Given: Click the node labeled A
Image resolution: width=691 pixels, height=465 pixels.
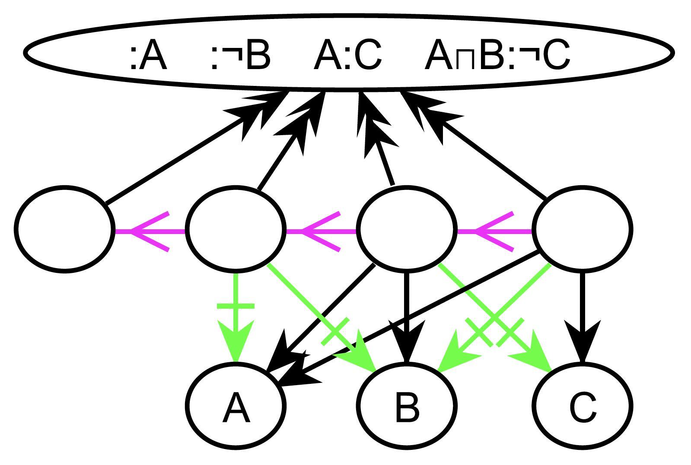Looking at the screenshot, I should point(236,405).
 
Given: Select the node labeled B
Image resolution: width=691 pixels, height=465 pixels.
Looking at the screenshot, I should point(406,405).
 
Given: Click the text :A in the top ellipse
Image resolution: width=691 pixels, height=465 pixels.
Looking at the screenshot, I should point(148,56).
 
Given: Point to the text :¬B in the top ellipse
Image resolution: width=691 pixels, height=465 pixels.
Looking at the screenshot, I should point(240,56).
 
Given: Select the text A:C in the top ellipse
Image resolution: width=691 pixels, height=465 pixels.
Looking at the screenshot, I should point(347,56).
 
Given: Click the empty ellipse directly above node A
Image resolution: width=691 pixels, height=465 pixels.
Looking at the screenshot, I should point(236,229).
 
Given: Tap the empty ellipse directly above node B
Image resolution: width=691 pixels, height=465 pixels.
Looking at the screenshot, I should point(406,229).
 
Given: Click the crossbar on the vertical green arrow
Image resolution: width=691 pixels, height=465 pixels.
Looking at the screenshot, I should point(236,306).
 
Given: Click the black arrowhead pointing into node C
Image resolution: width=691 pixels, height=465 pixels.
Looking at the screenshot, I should point(583,341).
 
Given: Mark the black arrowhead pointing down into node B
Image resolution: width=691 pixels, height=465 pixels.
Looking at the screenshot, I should point(406,341).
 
